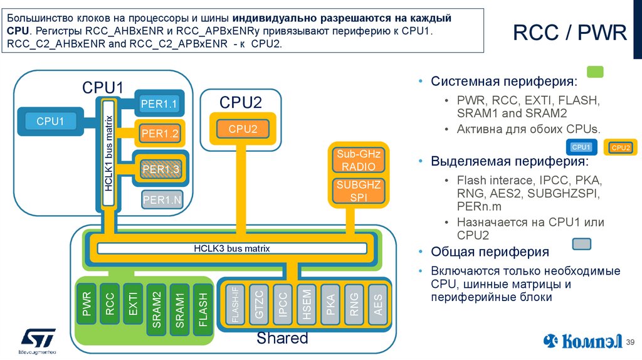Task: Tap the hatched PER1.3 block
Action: [160, 169]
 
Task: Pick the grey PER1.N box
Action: [162, 200]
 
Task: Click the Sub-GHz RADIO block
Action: [355, 161]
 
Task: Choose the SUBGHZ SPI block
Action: [355, 191]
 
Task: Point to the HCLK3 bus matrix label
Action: [231, 248]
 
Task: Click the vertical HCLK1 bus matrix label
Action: [108, 153]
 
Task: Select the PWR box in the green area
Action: [87, 304]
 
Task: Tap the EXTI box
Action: [132, 304]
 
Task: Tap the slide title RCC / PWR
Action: [569, 33]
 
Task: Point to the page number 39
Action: [631, 342]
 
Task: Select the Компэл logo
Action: [582, 341]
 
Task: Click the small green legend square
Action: [594, 71]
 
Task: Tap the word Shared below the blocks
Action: [282, 339]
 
